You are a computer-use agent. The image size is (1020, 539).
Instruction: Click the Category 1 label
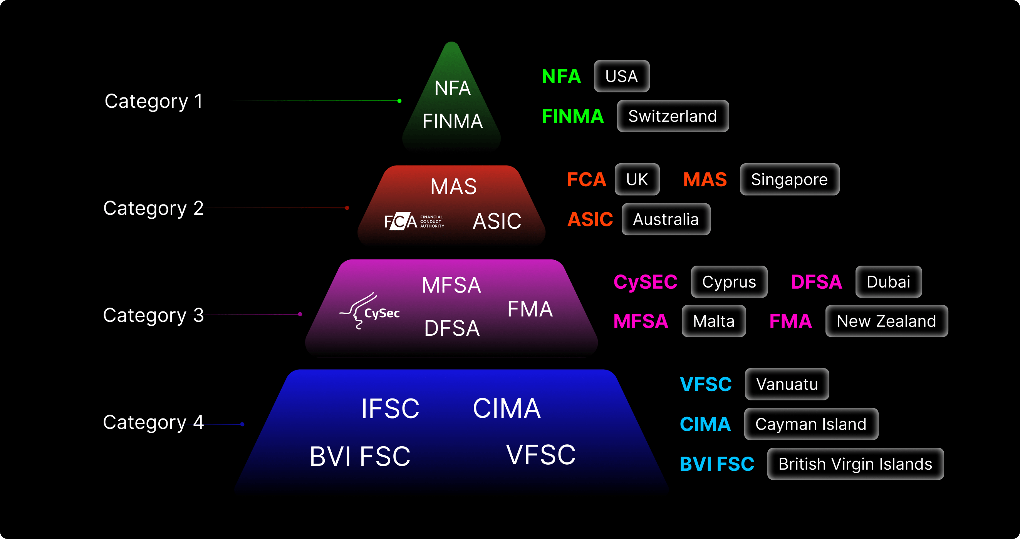click(x=154, y=101)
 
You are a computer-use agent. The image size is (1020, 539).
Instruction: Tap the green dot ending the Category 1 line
click(x=399, y=101)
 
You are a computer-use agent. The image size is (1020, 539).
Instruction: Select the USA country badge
click(x=621, y=76)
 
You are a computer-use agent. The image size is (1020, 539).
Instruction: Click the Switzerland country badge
click(x=672, y=116)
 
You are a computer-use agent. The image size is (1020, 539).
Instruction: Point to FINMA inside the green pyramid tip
click(x=452, y=121)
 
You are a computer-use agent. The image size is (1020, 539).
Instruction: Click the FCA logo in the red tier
click(x=414, y=221)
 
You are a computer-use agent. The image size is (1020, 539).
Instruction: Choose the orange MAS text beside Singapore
click(x=705, y=180)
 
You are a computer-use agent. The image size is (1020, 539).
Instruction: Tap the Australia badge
click(x=666, y=219)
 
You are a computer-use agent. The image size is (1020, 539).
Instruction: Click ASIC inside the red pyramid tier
click(x=497, y=221)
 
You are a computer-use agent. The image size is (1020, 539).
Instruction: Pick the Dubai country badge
click(x=888, y=282)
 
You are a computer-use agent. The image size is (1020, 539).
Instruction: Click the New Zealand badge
click(x=886, y=321)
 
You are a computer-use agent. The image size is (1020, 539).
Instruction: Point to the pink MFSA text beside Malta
click(x=641, y=321)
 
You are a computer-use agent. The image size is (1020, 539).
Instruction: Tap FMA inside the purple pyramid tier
click(x=530, y=309)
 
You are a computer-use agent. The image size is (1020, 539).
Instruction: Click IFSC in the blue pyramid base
click(x=390, y=409)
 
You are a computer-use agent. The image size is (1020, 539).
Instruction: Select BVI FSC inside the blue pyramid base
click(x=359, y=456)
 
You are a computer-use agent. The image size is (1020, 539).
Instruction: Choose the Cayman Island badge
click(x=810, y=424)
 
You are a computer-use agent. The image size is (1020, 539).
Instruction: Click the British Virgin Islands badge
click(x=855, y=464)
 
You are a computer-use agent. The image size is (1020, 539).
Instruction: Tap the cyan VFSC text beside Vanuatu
click(x=706, y=384)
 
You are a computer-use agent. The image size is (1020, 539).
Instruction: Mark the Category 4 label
click(x=153, y=423)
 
